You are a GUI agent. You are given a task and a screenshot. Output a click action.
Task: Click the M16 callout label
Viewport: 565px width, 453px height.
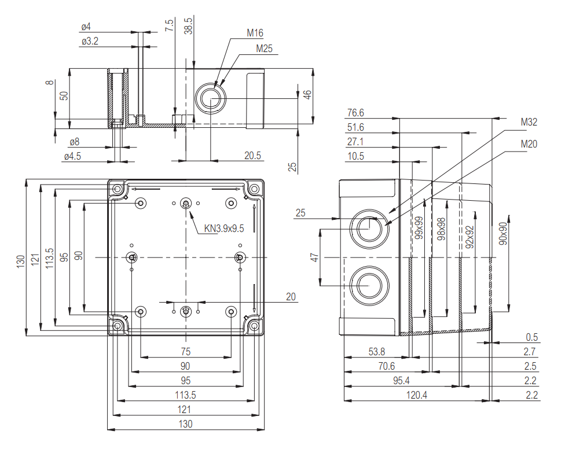(255, 33)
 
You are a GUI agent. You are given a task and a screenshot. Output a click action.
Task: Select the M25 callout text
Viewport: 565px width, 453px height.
(265, 49)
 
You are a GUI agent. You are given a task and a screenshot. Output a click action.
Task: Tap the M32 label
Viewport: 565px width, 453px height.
(529, 122)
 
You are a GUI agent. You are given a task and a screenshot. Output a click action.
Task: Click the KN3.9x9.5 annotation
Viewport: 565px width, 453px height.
(224, 228)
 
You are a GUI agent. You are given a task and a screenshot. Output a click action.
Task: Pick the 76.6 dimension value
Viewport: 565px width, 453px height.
(356, 113)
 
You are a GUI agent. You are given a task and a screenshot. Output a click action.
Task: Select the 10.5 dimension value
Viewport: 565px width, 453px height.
(356, 156)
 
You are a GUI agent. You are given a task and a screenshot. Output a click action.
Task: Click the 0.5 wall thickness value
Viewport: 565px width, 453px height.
(531, 337)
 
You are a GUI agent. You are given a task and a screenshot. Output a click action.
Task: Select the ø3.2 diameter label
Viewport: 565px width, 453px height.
(90, 41)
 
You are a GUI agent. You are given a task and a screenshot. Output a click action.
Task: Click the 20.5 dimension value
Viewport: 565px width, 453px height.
(252, 155)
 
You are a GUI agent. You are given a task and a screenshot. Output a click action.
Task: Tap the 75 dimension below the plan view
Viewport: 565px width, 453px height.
(185, 351)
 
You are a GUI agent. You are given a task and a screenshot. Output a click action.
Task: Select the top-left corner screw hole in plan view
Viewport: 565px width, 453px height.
(118, 190)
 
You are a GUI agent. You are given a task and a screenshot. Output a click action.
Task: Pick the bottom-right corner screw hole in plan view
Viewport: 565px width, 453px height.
(254, 326)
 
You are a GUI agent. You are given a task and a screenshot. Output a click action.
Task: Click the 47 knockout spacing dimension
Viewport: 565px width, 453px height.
(314, 257)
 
